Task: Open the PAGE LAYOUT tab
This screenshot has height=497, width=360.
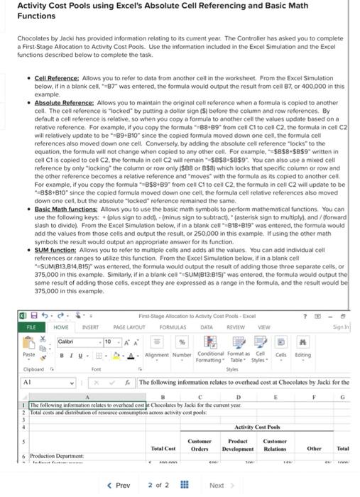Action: (128, 327)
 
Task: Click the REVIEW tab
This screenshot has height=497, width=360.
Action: (235, 327)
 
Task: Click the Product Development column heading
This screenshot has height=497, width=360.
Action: (239, 446)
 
